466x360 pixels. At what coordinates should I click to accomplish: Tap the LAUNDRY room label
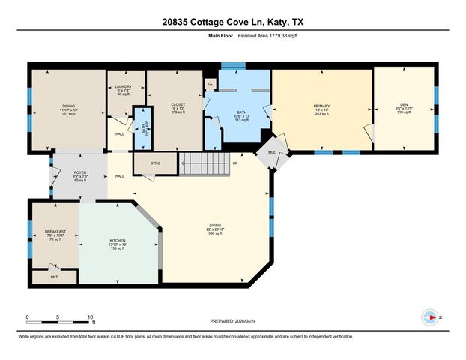tap(123, 87)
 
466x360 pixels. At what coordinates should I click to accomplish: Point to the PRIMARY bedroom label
tap(321, 106)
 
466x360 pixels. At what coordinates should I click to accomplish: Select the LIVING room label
tap(214, 225)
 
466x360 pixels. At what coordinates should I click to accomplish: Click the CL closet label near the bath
tap(211, 83)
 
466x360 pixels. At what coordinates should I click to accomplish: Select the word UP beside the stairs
tap(235, 163)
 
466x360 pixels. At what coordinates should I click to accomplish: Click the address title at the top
tap(233, 22)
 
